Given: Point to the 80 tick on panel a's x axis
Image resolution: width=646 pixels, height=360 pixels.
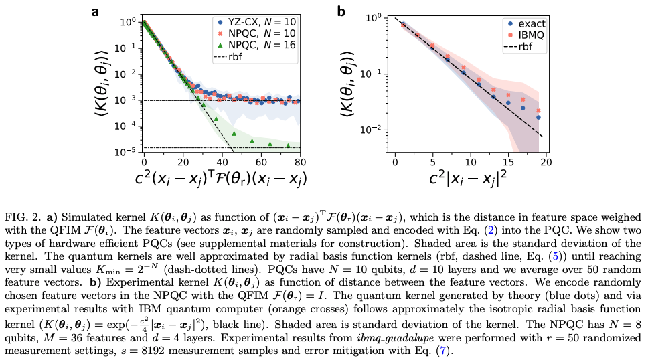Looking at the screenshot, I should (x=301, y=161).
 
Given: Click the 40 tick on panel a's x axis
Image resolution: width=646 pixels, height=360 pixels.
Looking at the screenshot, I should (x=222, y=161).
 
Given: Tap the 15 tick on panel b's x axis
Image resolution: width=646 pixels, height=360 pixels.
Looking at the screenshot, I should (x=508, y=161).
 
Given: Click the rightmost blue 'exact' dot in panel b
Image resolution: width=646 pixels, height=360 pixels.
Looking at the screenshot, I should (x=538, y=117).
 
